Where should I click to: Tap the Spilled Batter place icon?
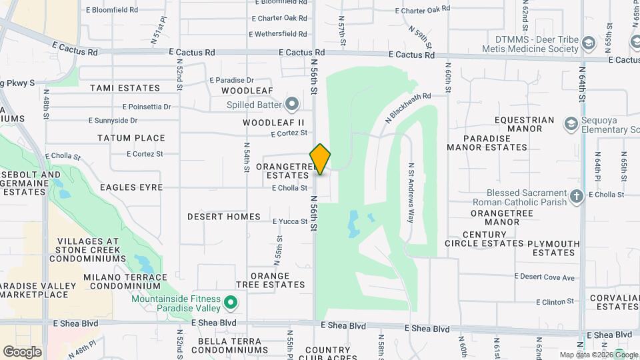(291, 104)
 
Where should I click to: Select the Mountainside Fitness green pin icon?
(231, 303)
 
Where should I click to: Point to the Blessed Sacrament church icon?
(577, 196)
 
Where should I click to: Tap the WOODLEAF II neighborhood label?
(273, 123)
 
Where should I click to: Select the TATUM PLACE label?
(131, 138)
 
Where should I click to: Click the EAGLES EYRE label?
(131, 187)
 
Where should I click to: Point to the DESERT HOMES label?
(223, 217)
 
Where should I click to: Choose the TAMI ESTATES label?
(125, 88)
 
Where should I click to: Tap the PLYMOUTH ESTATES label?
(553, 248)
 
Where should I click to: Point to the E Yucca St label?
(290, 221)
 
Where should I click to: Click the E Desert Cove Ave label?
(545, 277)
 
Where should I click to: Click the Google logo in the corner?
(22, 351)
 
